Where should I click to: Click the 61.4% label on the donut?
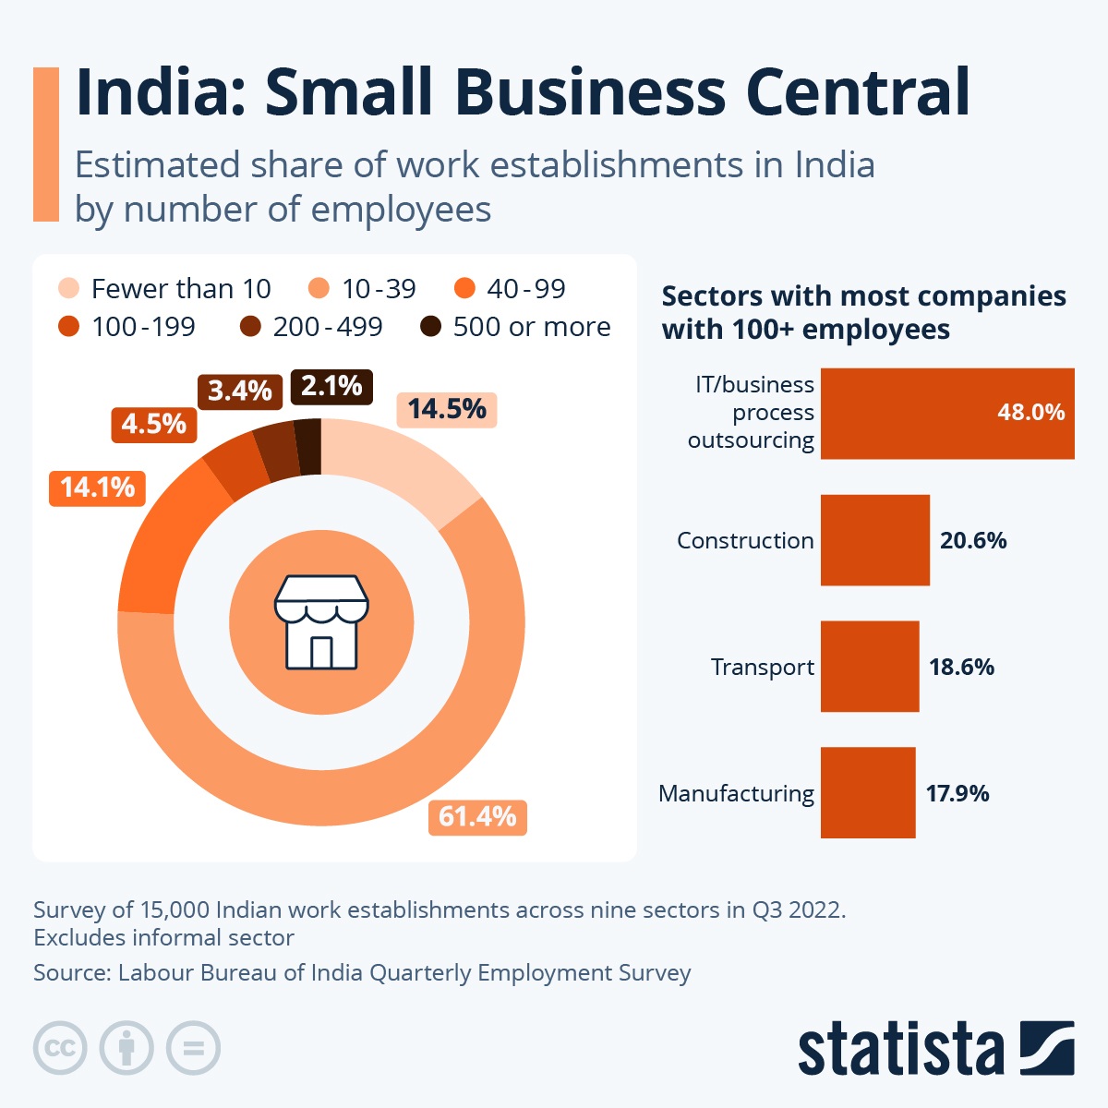click(x=477, y=817)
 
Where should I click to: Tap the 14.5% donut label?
click(x=447, y=409)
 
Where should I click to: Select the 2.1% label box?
click(x=331, y=386)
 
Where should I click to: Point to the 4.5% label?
click(x=153, y=424)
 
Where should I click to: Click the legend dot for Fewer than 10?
click(x=69, y=289)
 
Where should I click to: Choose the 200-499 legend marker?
click(x=250, y=327)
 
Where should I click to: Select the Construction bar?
click(x=874, y=540)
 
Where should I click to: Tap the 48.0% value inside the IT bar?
click(x=1030, y=413)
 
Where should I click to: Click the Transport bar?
click(x=869, y=667)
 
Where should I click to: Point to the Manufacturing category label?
click(x=736, y=793)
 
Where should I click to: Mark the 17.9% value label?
click(x=957, y=793)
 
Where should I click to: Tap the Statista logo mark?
click(x=1047, y=1048)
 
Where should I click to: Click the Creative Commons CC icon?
click(x=60, y=1048)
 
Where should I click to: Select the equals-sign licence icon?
click(x=193, y=1048)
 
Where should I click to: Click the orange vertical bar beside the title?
click(x=46, y=144)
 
